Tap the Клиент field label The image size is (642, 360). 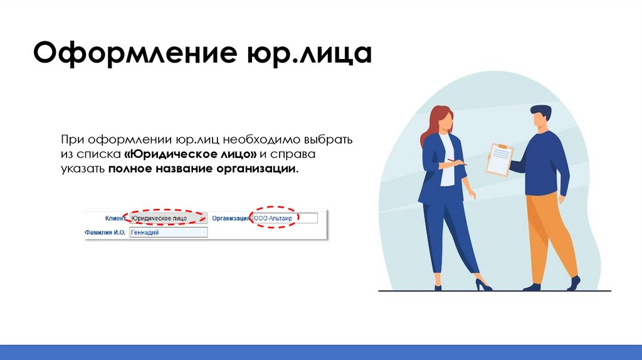coord(115,218)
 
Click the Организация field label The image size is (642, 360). coord(230,218)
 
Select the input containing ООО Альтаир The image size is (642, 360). coord(284,218)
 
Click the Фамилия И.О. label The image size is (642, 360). coord(105,232)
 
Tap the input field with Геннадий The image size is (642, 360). coord(167,232)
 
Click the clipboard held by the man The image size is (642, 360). coord(500,159)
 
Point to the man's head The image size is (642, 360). coord(540,117)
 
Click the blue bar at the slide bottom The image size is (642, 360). coord(321,352)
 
